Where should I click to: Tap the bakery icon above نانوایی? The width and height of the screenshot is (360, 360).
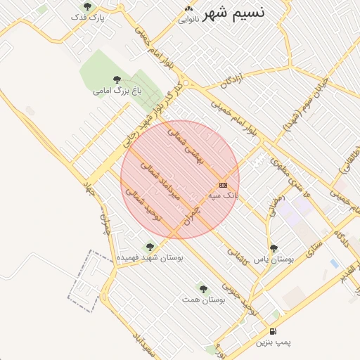[188, 8]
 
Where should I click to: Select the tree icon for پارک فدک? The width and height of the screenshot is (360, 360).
[87, 6]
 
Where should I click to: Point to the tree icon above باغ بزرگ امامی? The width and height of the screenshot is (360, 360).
[116, 79]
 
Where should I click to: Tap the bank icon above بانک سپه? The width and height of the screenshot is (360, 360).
[224, 184]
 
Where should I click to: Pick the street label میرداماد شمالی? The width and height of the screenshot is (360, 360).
[162, 180]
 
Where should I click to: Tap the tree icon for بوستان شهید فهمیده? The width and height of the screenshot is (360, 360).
[149, 247]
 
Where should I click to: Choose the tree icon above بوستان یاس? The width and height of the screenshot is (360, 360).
[274, 248]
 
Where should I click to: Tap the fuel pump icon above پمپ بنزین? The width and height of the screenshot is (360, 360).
[273, 331]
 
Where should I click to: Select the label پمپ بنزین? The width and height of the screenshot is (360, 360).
[272, 342]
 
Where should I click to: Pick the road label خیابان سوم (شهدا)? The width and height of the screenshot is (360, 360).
[302, 112]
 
